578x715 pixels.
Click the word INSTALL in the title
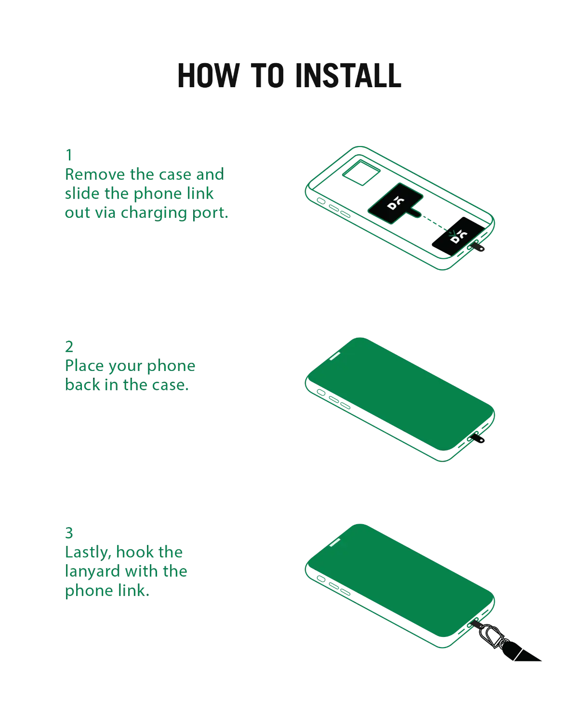pos(348,76)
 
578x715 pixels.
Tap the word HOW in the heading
pos(209,76)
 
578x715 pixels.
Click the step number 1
pos(69,155)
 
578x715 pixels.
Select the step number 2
pos(69,346)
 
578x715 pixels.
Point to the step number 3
pos(69,533)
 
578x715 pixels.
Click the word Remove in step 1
pos(95,174)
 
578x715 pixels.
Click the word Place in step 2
pos(85,365)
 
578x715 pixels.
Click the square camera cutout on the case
pos(361,172)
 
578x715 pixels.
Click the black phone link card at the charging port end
pos(458,236)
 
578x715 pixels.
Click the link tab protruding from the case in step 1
pos(476,247)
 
